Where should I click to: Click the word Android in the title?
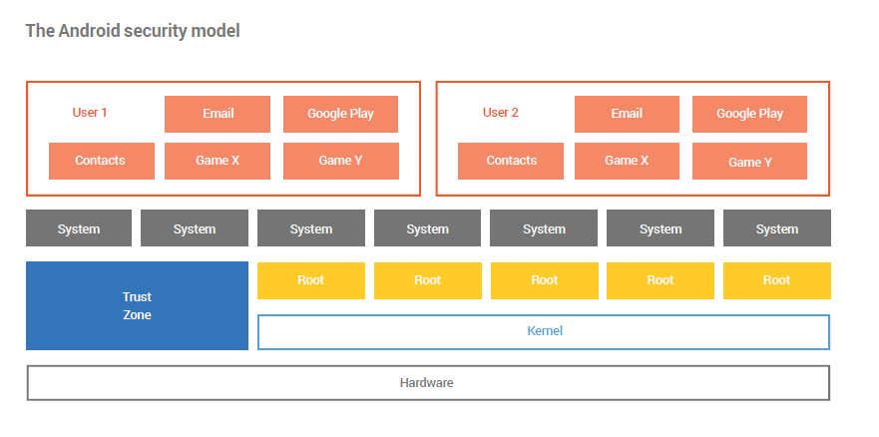coord(89,30)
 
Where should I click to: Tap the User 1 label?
coord(90,113)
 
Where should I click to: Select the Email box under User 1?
coord(218,114)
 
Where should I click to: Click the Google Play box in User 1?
coord(341,114)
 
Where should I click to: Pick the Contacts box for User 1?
coord(102,161)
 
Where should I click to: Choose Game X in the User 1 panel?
coord(218,161)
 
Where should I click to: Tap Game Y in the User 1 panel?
coord(341,161)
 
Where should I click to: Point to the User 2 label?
coord(501,113)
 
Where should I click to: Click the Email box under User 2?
coord(627,114)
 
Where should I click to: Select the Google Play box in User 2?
coord(750,114)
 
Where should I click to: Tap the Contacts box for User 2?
coord(511,161)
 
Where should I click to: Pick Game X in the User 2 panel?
coord(627,161)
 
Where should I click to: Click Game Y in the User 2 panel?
coord(750,161)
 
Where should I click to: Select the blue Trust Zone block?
coord(137,306)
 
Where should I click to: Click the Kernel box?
coord(544,331)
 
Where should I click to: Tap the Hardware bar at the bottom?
coord(428,383)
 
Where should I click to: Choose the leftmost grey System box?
coord(79,228)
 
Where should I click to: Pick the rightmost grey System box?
coord(777,228)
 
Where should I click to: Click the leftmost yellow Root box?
coord(311,280)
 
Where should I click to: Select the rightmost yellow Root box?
coord(777,280)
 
